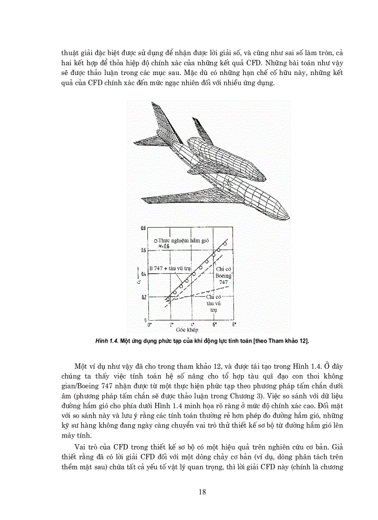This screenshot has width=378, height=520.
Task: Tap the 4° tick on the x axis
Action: point(193,326)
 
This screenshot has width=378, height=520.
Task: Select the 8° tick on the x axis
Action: point(234,326)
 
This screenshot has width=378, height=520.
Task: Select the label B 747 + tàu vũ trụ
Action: point(172,268)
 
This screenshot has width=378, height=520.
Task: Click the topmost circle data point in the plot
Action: point(225,244)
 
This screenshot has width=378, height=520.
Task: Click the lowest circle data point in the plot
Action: point(168,300)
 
